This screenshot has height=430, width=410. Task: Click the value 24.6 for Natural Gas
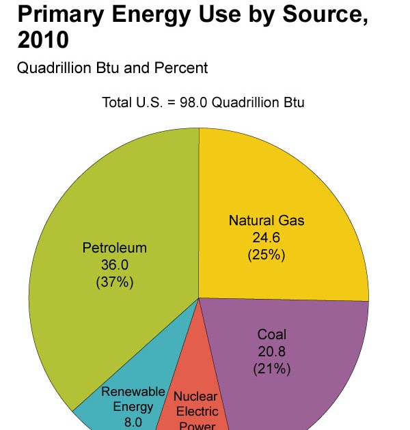point(266,238)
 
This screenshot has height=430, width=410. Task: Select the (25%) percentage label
point(266,255)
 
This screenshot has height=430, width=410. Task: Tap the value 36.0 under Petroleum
point(115,265)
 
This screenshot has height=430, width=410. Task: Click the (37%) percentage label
point(115,282)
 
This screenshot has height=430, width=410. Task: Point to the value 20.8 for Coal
point(271,352)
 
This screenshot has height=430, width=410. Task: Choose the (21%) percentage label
point(272,369)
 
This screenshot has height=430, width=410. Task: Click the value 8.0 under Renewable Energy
point(133,422)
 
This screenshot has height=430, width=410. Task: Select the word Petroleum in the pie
point(115,248)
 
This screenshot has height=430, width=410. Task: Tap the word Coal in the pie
point(272,334)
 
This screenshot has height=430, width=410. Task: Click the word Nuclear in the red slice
point(195,397)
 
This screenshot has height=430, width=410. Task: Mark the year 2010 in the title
point(43,40)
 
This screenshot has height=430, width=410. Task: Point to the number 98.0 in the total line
point(193,102)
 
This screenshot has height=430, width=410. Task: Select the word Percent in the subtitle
point(181,68)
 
